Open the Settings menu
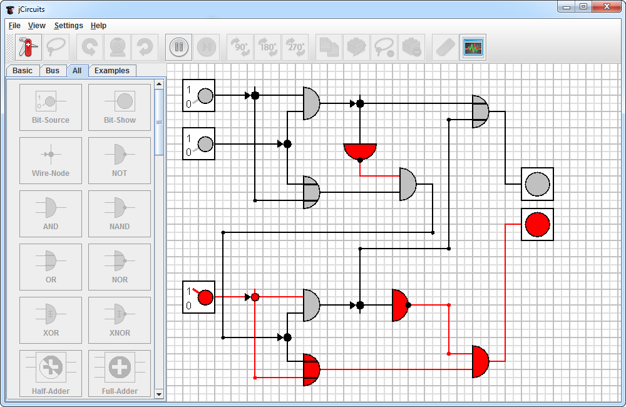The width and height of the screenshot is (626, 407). [x=68, y=26]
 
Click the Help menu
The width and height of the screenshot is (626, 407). [x=98, y=26]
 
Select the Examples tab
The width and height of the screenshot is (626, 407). [x=111, y=71]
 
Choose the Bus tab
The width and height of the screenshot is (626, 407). [x=53, y=71]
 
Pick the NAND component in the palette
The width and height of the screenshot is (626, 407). [x=120, y=214]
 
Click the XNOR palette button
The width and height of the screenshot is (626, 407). [x=120, y=320]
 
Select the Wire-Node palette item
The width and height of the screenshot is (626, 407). [x=51, y=160]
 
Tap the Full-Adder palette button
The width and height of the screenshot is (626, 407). [x=120, y=373]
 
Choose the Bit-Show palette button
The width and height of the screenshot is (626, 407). [x=120, y=107]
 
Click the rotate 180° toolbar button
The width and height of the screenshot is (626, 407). [x=268, y=47]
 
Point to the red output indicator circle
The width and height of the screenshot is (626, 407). [x=537, y=224]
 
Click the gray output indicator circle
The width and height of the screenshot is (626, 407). [x=537, y=184]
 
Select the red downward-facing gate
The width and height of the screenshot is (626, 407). [x=360, y=151]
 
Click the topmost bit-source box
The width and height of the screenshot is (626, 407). [x=199, y=96]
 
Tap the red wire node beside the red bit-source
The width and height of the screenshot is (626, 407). [x=255, y=297]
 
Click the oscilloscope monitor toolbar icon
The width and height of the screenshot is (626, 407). [x=473, y=47]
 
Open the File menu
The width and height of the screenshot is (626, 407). [x=14, y=26]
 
